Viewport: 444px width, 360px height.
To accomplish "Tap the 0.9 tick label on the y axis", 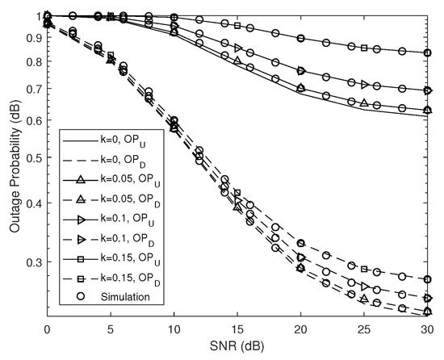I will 31,37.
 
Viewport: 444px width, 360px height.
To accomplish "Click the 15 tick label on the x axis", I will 237,330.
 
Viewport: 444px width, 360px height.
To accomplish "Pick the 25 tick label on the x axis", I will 363,330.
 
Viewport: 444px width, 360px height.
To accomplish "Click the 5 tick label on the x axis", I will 110,330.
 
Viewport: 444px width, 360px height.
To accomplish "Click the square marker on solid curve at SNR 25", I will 364,48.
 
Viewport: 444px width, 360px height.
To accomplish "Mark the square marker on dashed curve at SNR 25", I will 364,269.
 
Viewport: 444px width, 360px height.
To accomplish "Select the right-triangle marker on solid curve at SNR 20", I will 301,71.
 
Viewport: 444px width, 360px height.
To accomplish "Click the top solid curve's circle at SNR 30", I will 427,53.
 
